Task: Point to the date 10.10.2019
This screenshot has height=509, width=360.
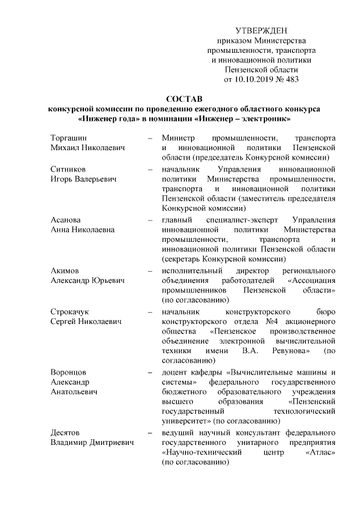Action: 255,79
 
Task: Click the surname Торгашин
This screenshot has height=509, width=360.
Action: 70,138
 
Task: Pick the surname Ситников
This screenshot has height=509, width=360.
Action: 69,169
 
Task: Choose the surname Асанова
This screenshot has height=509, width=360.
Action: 66,219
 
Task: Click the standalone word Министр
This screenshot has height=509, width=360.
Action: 177,138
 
